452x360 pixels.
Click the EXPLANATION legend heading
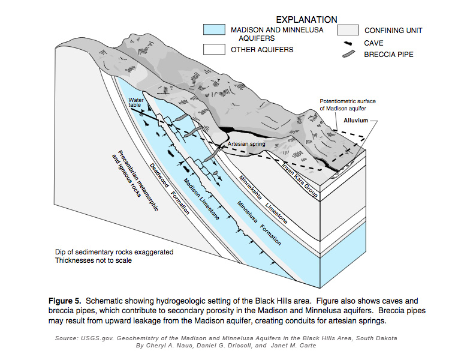(306, 20)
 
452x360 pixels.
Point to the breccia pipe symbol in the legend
(348, 55)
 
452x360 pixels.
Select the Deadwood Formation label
(170, 188)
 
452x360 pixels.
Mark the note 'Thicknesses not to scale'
(95, 261)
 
